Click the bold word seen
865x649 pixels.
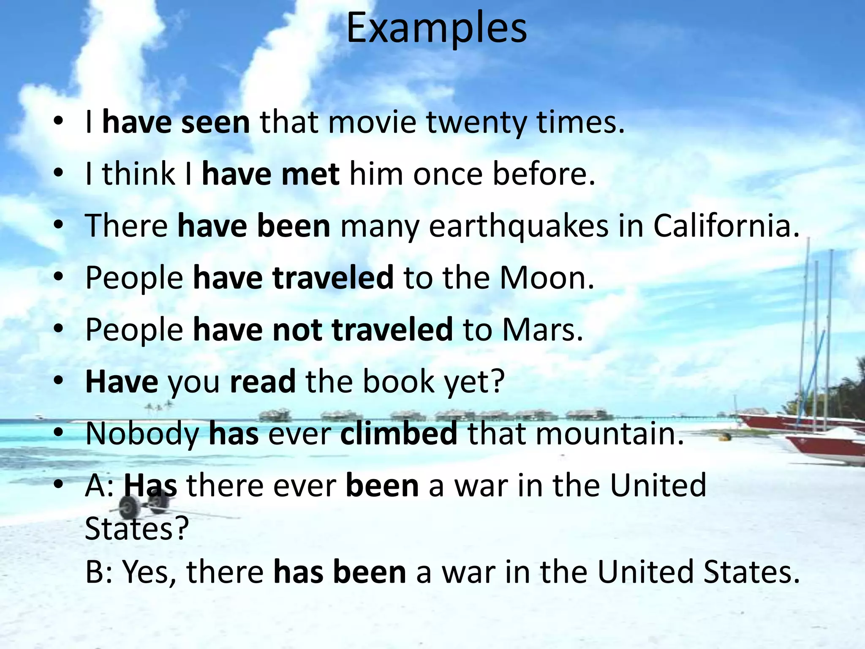[x=215, y=123]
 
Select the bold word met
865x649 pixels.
[x=310, y=174]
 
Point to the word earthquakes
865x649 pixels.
[x=519, y=226]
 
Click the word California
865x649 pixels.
[x=726, y=226]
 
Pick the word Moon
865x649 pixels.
[x=547, y=278]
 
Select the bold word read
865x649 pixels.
[x=262, y=382]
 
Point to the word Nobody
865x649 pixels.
[x=142, y=434]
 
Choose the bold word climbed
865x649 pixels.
[x=398, y=434]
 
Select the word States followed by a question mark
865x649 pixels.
[x=136, y=529]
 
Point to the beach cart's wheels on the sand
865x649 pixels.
[x=144, y=504]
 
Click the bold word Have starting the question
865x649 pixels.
[x=122, y=382]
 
